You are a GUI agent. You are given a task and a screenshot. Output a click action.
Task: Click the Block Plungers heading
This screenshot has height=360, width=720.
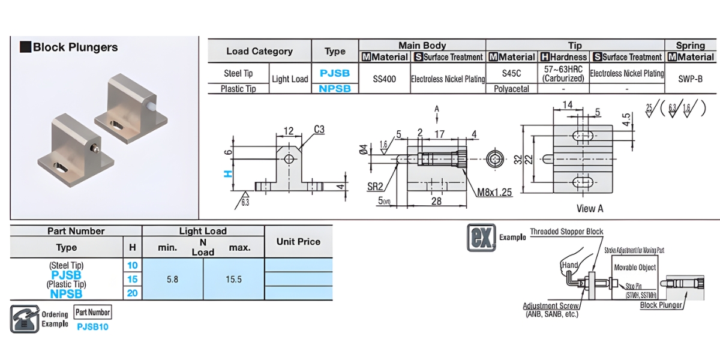point(75,47)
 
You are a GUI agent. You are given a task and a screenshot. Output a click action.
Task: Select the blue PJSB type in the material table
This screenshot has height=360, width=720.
point(335,73)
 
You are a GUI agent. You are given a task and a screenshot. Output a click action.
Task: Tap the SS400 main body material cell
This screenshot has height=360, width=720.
point(384,79)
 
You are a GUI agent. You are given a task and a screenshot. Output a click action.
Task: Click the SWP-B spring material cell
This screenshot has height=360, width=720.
point(690,79)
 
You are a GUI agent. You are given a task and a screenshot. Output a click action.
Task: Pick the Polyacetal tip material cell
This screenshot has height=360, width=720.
point(511,89)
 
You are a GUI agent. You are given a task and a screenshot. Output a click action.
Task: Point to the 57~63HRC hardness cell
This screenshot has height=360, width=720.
point(563,74)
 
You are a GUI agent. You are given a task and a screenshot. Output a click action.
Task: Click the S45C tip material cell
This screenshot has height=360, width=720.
point(511,73)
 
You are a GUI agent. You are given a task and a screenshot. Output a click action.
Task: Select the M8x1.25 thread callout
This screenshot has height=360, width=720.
point(494,192)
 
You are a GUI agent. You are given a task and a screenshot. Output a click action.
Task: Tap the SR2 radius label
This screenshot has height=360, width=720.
point(376,187)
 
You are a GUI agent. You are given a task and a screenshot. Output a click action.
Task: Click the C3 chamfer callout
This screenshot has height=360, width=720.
point(320,130)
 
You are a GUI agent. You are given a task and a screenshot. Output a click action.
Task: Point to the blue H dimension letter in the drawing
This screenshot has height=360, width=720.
point(227,173)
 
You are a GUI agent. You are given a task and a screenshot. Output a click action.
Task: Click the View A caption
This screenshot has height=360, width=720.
point(589,208)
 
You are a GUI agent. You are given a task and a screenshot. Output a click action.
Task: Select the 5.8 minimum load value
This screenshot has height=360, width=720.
point(172,279)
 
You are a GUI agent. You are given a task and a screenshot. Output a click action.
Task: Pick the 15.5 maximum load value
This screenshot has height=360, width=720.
point(235,279)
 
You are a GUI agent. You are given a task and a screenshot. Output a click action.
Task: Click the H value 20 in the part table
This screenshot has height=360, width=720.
point(132,293)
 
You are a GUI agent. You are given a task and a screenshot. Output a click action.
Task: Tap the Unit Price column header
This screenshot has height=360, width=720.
point(298,242)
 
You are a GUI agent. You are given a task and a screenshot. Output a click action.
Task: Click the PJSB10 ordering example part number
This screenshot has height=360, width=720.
point(92,327)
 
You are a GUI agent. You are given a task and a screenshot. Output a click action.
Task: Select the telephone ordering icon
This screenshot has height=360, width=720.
point(24,319)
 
